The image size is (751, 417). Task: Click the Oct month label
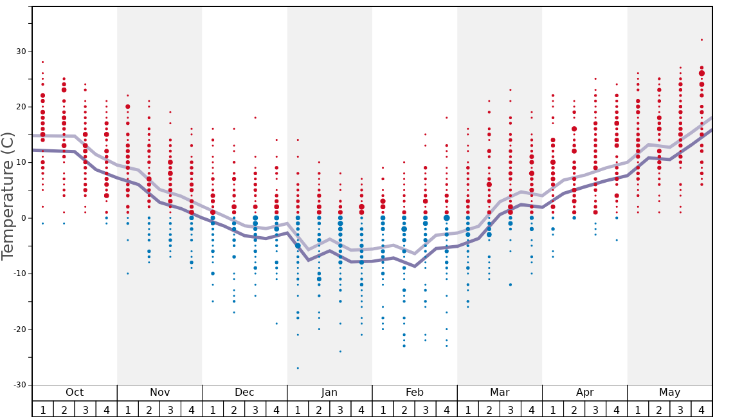(75, 393)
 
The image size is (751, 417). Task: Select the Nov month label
(159, 393)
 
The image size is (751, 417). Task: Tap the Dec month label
(244, 393)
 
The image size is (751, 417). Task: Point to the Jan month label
(329, 393)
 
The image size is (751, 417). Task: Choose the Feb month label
(415, 393)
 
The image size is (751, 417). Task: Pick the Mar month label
(500, 393)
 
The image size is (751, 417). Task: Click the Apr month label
(584, 393)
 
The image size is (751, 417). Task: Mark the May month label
(669, 393)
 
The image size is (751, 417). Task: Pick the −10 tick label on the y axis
(20, 273)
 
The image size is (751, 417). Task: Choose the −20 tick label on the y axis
(20, 329)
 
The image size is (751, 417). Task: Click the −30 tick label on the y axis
(20, 385)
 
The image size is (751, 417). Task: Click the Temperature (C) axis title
(8, 196)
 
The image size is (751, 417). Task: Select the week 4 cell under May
(701, 409)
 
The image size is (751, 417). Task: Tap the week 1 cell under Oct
(42, 409)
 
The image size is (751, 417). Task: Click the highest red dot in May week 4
(701, 40)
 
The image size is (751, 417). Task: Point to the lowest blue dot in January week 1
(298, 368)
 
